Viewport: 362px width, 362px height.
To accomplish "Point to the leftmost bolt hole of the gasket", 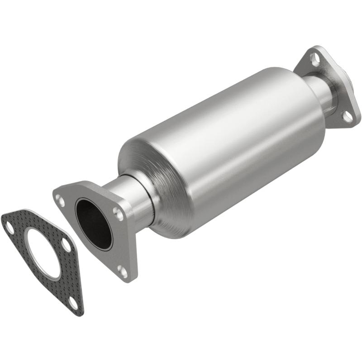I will click(10, 228).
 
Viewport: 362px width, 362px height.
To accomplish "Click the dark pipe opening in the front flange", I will click(93, 222).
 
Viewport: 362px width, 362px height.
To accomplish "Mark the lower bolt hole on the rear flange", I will click(347, 117).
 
